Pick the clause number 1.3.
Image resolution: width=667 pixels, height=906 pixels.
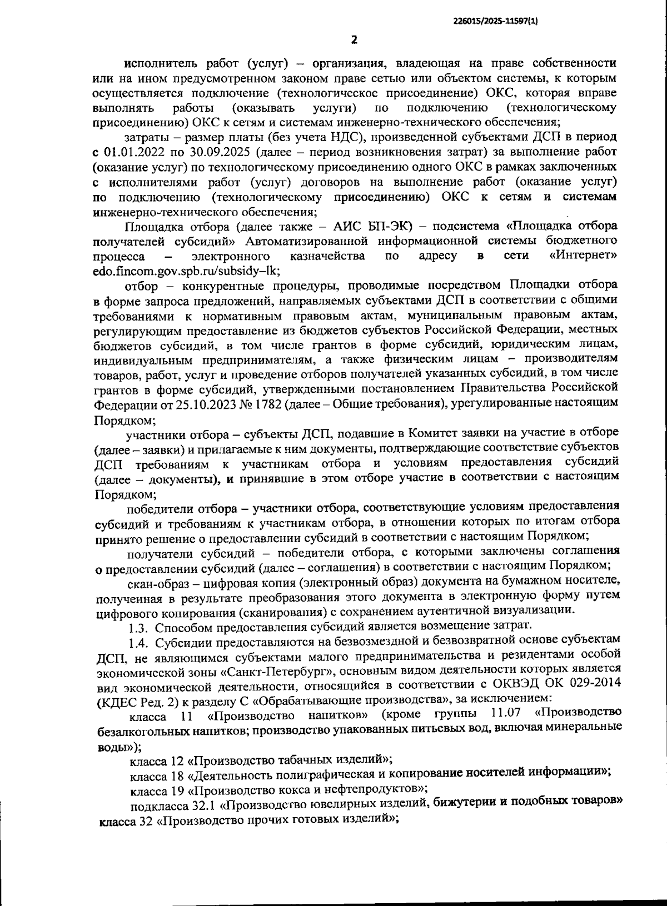(138, 628)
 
